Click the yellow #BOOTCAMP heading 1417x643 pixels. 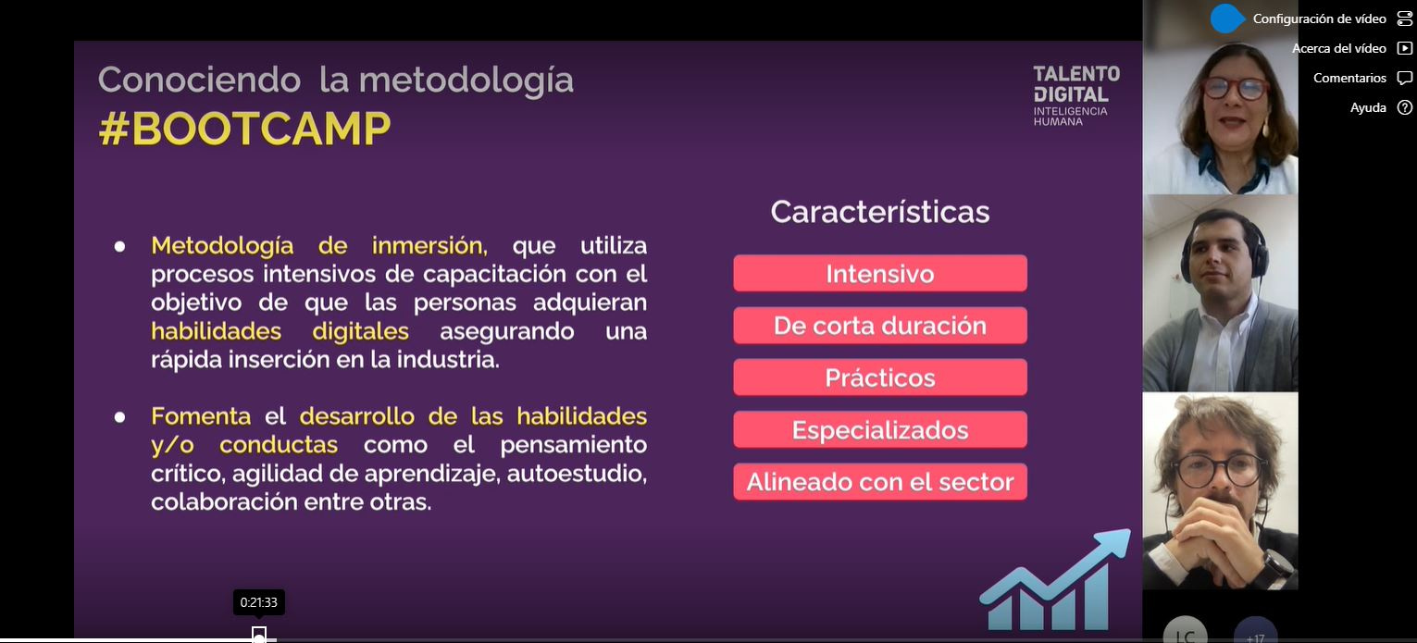(244, 129)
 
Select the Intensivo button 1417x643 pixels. (880, 274)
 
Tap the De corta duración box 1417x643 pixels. (880, 326)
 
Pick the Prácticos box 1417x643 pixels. (880, 377)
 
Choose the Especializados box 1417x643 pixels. (880, 430)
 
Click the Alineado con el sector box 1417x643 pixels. (880, 482)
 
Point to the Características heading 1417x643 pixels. (880, 212)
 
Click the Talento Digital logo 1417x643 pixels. (1076, 95)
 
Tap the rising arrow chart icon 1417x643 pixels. (1055, 580)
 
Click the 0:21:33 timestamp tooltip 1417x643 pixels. (259, 602)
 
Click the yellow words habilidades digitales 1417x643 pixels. (280, 331)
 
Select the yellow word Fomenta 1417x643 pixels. (201, 416)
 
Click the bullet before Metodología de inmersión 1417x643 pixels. (119, 247)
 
